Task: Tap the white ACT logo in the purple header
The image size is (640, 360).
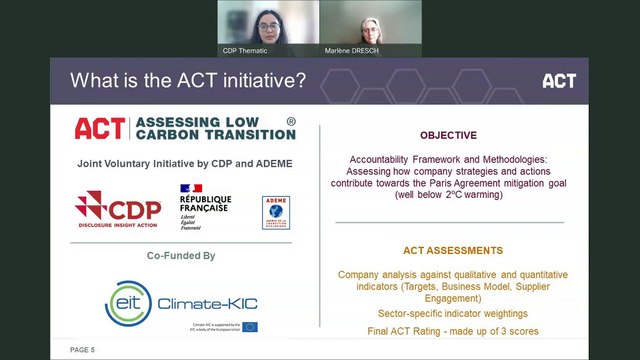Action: [558, 81]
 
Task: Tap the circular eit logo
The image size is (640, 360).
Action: [129, 297]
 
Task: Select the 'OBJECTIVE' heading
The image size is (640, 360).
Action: [448, 135]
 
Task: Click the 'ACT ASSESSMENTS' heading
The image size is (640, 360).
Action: [447, 250]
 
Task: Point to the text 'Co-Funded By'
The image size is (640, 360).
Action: [181, 256]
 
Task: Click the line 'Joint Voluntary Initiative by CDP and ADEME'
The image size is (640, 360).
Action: [183, 163]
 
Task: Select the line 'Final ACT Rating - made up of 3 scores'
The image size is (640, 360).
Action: [447, 314]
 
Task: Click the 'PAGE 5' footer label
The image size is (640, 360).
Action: [82, 350]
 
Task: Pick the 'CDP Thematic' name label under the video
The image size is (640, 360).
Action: [245, 51]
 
